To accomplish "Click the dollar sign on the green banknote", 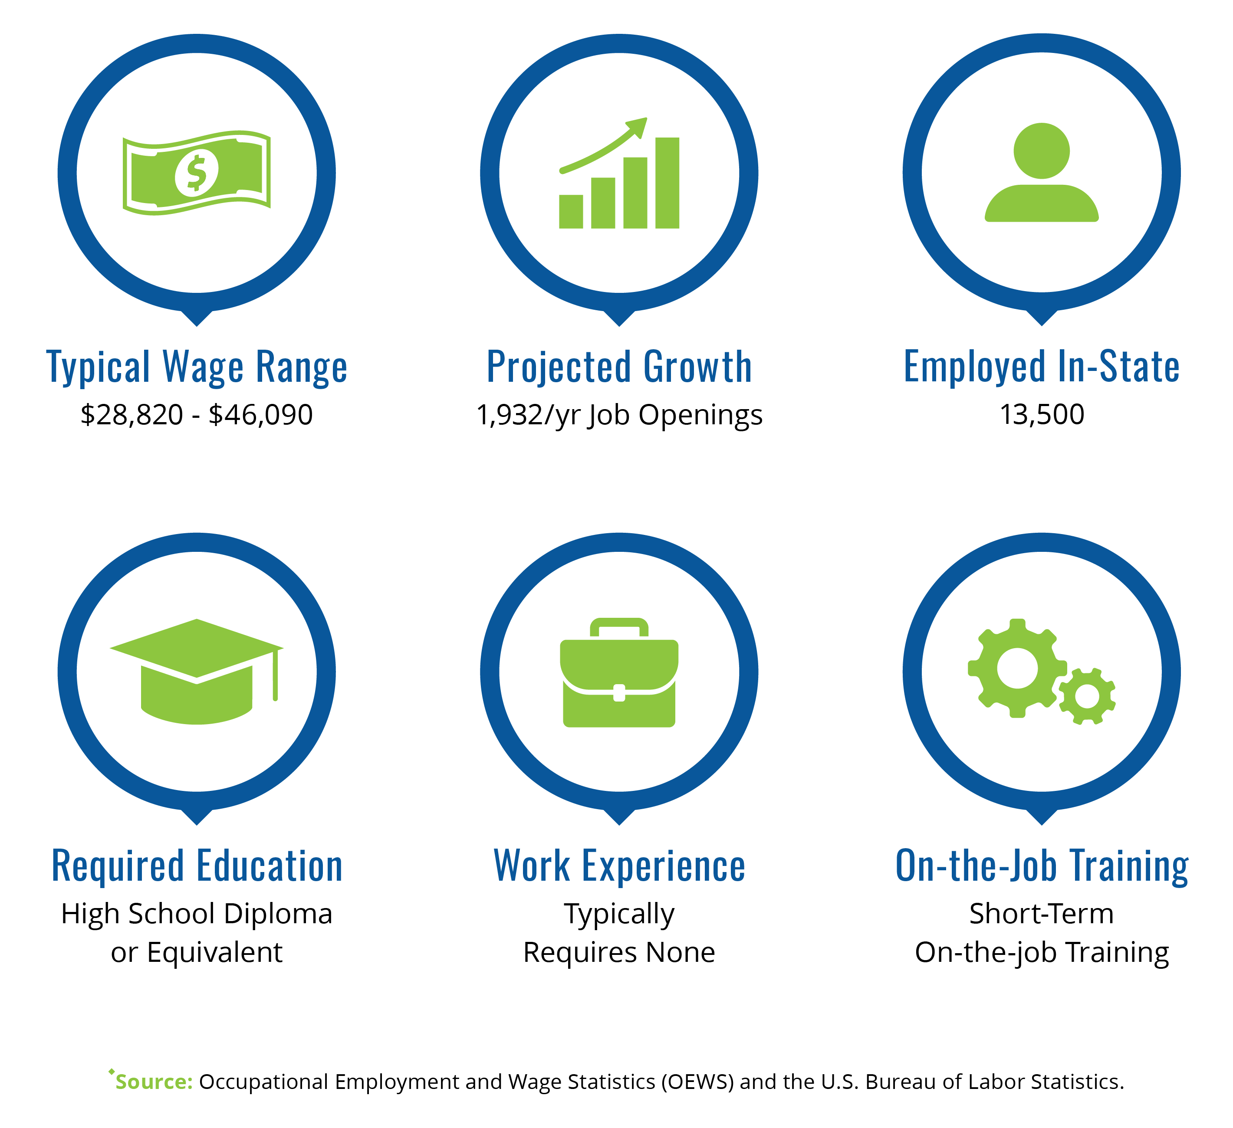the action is point(196,173).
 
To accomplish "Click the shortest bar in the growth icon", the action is point(571,212).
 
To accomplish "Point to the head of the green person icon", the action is point(1042,151).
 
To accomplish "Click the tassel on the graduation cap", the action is point(275,674).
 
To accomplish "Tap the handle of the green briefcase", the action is point(619,627).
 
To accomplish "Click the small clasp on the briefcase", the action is point(619,693).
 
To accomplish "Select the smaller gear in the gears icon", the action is point(1087,696).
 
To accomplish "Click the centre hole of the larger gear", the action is point(1017,668).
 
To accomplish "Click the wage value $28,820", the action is point(132,414).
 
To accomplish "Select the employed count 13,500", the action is point(1042,414).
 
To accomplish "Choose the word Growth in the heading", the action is point(698,367).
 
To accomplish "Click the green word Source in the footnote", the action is point(154,1082).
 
